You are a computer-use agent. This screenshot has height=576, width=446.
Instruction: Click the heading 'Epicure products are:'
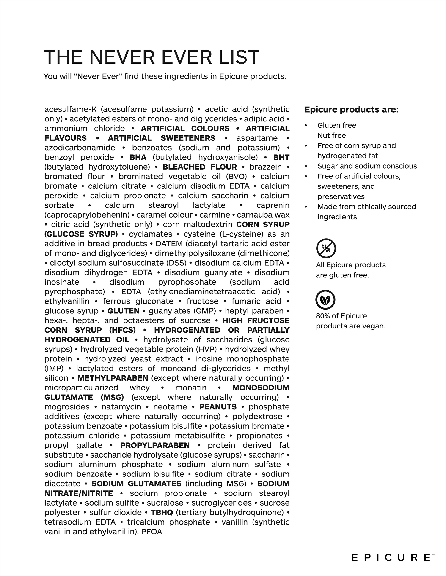pos(351,109)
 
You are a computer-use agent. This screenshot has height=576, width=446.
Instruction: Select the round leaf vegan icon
pos(325,300)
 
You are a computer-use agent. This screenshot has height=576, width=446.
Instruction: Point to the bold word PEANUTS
pos(218,407)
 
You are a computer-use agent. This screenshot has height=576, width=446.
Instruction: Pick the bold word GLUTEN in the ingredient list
pos(123,311)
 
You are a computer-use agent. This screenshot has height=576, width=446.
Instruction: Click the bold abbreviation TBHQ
pos(162,512)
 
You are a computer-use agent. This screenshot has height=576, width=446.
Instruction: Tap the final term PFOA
pos(152,532)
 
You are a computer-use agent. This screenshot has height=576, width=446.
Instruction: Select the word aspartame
pos(257,138)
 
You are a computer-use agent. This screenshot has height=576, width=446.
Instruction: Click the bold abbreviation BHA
pos(138,157)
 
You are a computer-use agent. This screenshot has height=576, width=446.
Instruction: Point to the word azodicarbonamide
pos(80,148)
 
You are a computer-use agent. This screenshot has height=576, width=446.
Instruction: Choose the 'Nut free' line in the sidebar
pos(332,136)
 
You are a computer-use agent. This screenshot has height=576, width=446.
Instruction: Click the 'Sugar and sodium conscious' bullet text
pos(367,166)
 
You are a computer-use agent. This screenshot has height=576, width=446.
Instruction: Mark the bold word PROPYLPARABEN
pos(155,445)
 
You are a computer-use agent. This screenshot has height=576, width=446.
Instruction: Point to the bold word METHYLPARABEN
pos(113,378)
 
